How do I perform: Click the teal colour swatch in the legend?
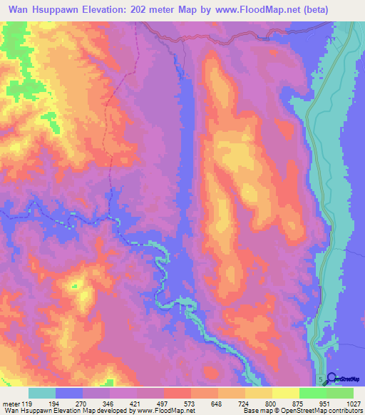coord(42,393)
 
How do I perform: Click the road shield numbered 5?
coord(320,378)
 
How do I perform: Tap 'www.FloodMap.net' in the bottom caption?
coord(163,411)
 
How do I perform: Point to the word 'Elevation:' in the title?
coord(113,10)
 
